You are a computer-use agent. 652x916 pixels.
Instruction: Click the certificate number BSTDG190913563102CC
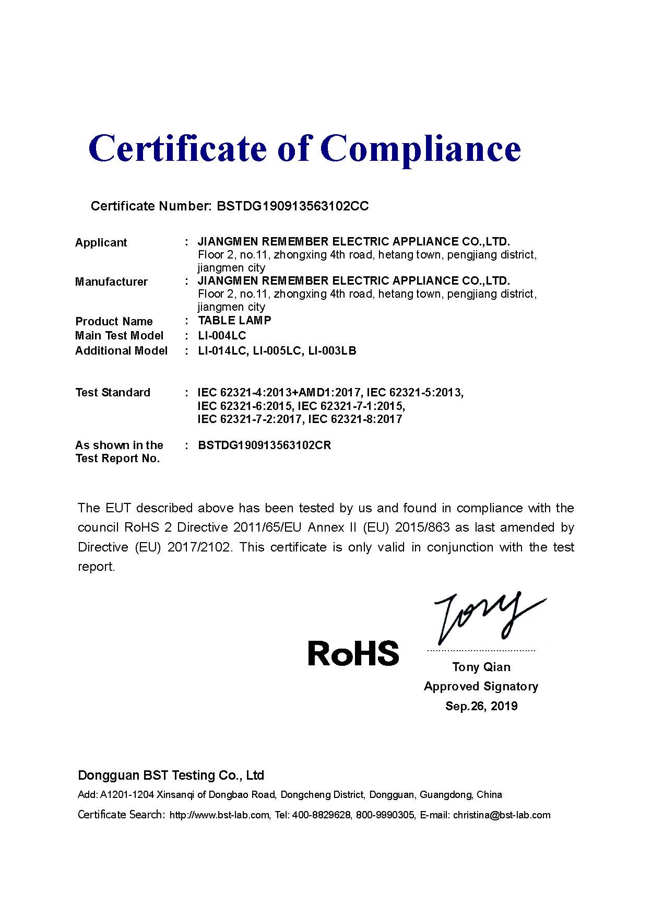pos(292,206)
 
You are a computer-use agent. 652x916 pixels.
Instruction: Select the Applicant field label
pos(101,243)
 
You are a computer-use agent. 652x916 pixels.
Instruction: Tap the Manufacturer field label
pos(111,282)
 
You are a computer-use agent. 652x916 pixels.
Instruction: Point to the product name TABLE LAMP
pos(234,320)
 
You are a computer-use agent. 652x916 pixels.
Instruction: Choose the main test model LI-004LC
pos(222,335)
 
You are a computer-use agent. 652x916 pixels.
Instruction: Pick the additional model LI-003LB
pos(332,350)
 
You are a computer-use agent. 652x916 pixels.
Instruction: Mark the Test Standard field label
pos(113,393)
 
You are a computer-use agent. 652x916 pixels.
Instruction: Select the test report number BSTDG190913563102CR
pos(264,445)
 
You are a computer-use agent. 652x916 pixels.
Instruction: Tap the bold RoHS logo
pos(353,653)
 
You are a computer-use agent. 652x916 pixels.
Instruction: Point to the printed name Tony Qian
pos(481,667)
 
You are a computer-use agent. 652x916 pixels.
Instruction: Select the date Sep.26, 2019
pos(481,706)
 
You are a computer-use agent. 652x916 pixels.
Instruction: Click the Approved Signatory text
pos(481,686)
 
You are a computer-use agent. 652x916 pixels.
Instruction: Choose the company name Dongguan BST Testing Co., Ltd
pos(171,775)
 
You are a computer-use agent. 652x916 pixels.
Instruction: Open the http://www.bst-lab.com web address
pos(220,815)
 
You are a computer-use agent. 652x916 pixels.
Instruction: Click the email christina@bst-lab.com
pos(502,815)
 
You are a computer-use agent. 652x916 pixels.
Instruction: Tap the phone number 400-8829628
pos(322,815)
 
